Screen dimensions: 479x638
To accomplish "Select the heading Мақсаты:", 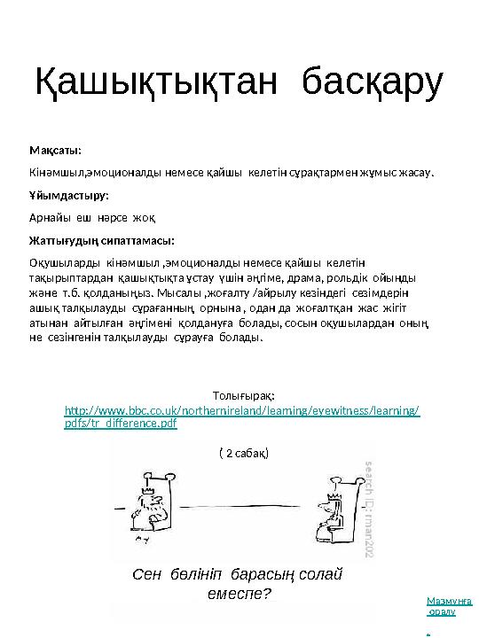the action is click(x=55, y=149).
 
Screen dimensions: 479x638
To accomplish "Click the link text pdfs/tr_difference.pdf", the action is click(x=122, y=424).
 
